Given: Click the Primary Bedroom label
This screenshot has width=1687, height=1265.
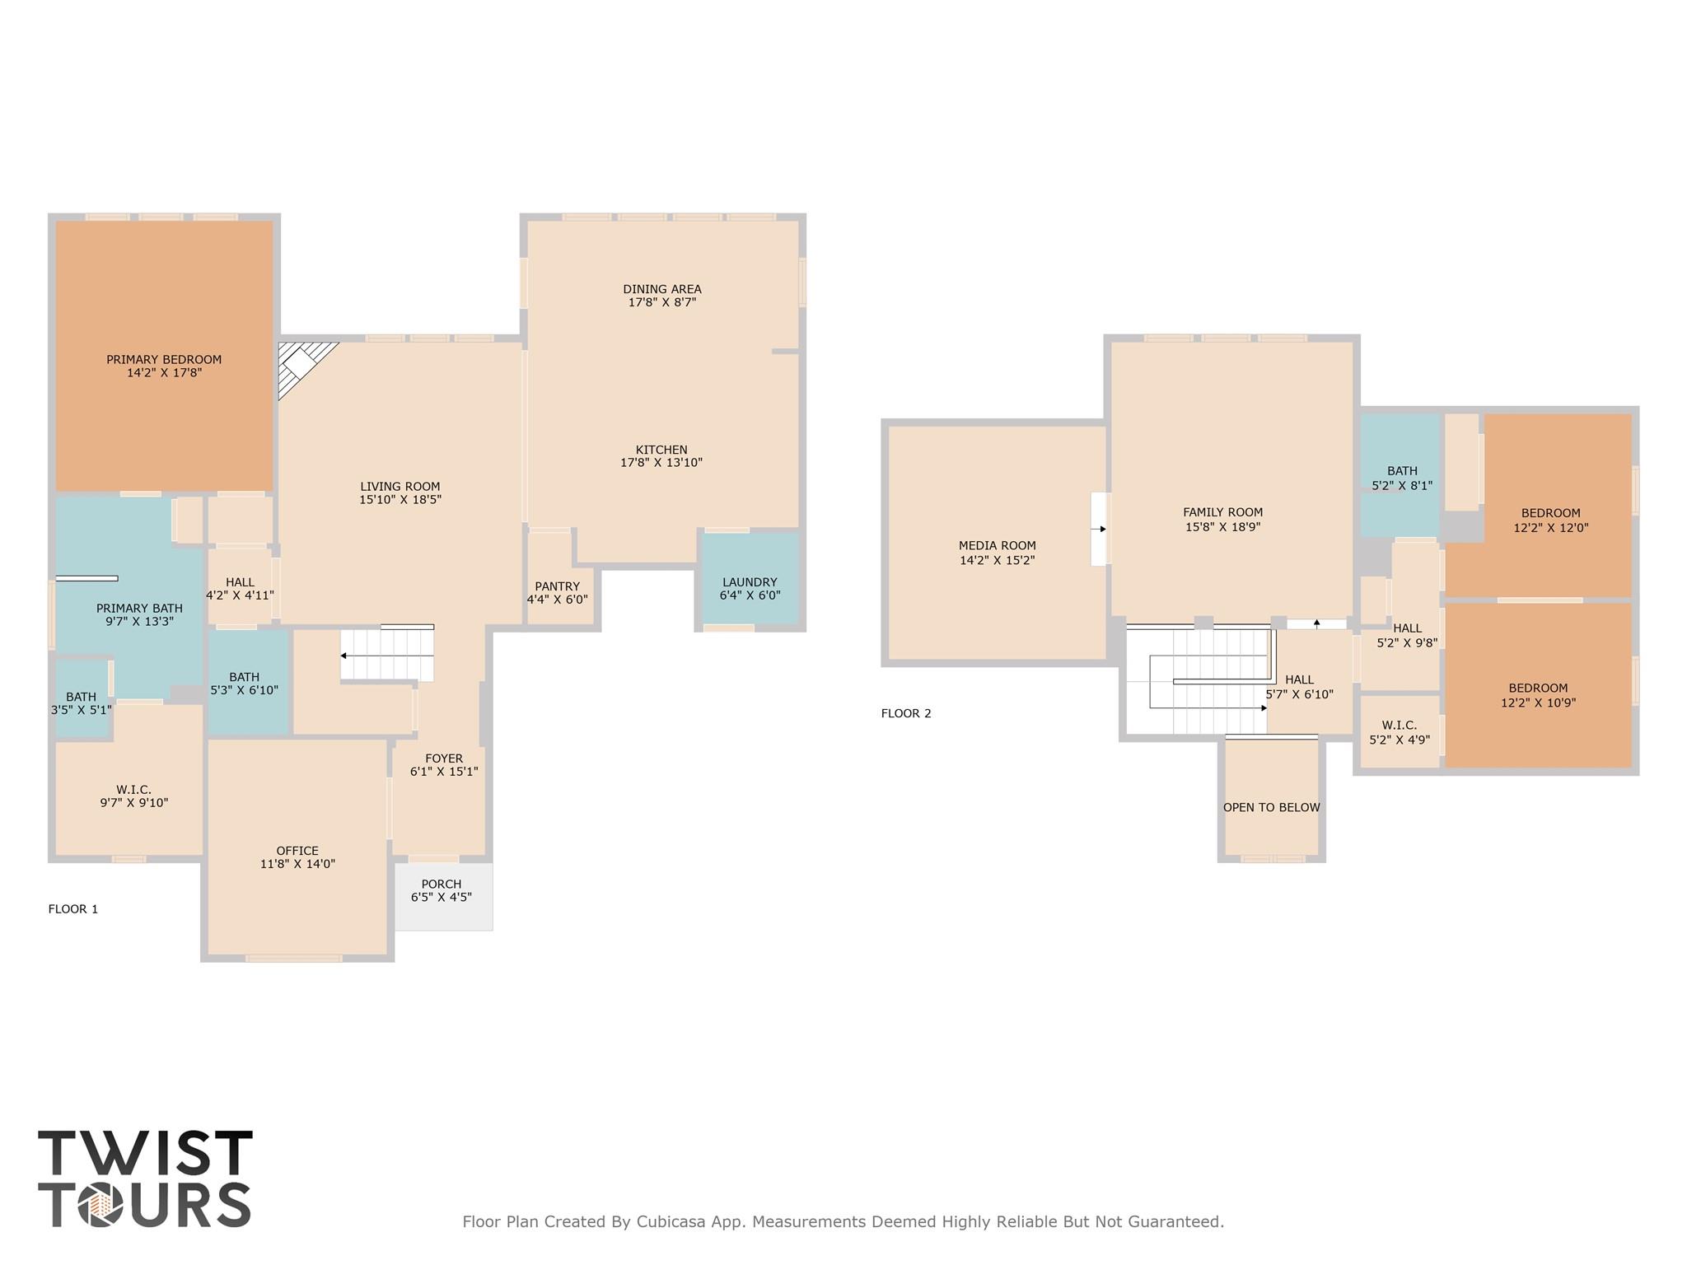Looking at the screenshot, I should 164,360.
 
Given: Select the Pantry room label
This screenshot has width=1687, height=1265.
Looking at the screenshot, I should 558,586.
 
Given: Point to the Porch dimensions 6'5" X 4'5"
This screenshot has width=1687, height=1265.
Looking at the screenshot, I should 442,897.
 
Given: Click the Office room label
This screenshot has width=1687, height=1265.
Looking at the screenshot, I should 297,851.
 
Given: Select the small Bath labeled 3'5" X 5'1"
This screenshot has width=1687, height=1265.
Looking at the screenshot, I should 81,697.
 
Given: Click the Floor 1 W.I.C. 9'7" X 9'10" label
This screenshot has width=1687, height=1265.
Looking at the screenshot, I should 133,790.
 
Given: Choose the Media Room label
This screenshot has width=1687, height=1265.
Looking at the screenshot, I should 997,545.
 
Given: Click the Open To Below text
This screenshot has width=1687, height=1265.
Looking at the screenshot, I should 1271,807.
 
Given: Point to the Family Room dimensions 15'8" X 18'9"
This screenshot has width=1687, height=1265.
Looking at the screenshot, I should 1222,527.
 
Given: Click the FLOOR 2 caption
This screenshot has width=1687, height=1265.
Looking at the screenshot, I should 906,713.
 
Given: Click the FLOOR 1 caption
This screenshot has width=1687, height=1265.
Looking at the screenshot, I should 73,909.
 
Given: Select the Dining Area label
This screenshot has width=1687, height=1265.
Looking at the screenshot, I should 662,289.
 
